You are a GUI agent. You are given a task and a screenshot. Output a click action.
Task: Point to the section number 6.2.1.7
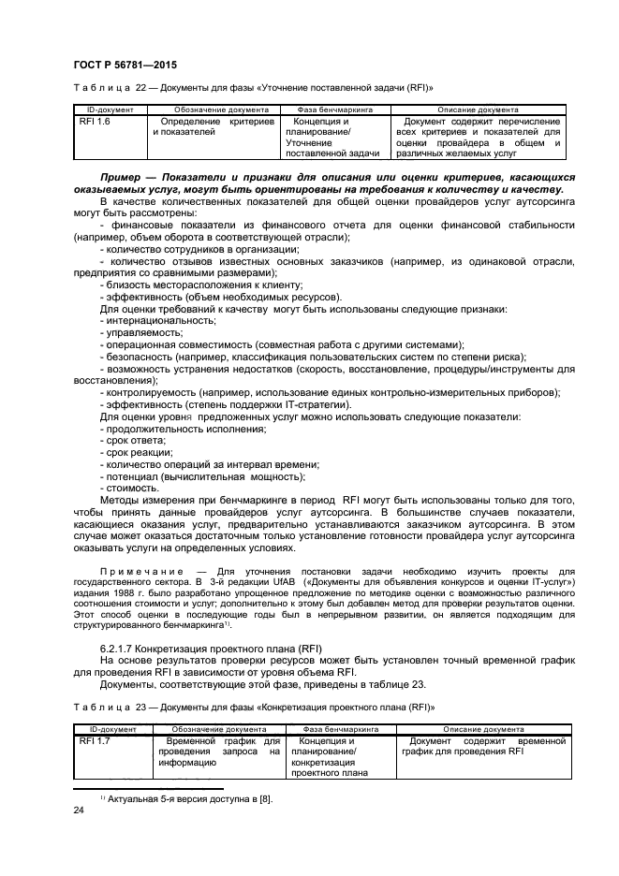pyautogui.click(x=120, y=648)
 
